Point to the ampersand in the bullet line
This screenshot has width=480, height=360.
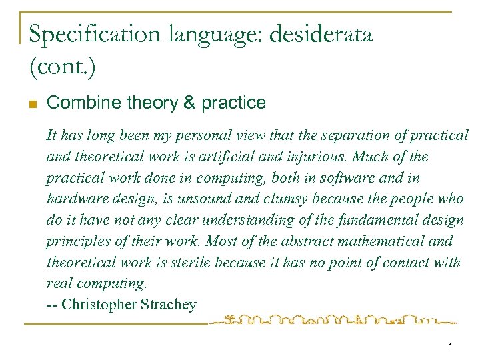tap(189, 103)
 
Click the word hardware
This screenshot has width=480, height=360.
tap(75, 199)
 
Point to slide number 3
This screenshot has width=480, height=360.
tap(449, 345)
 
